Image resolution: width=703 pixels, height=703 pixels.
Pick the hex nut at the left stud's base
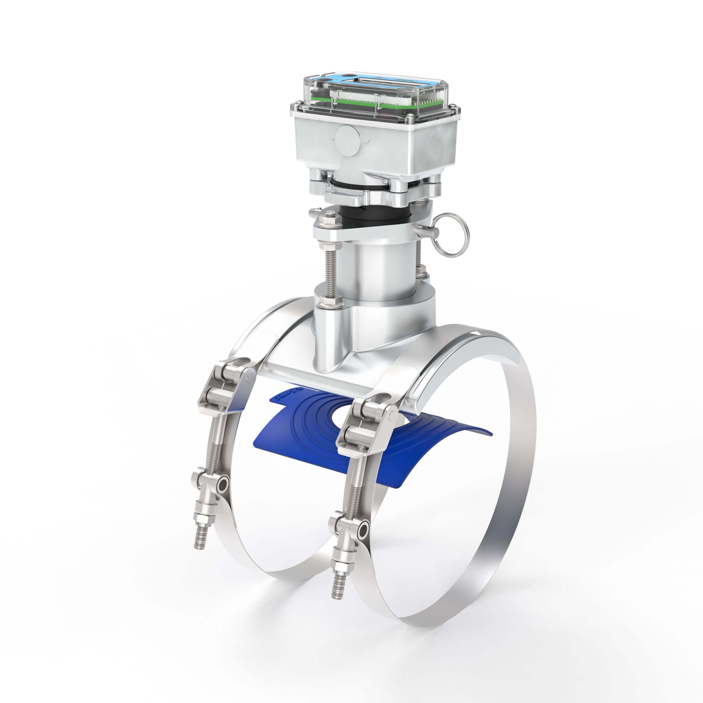(329, 301)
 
